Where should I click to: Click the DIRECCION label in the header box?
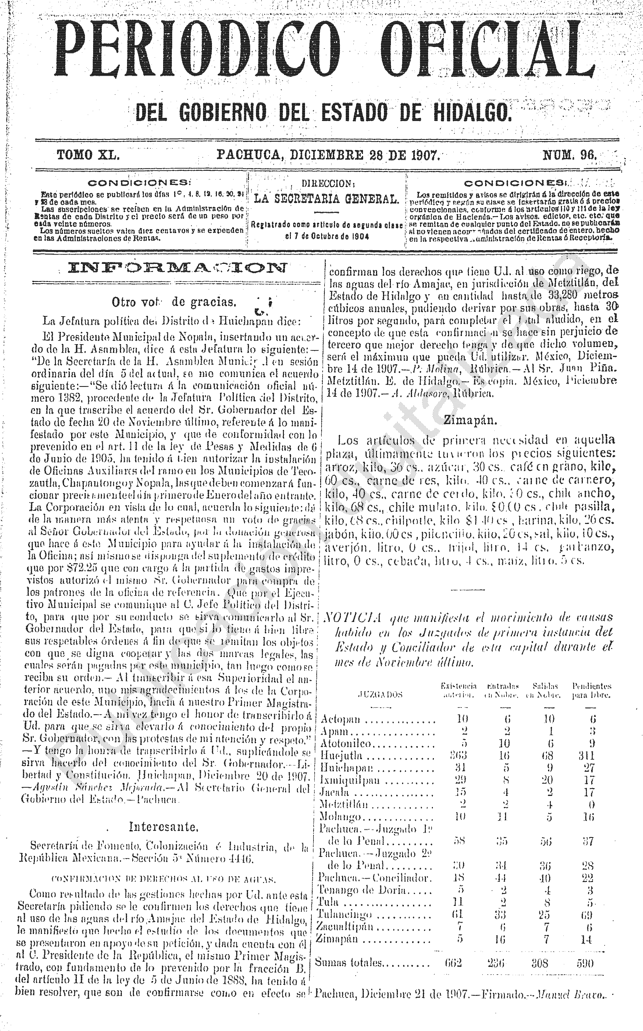327,184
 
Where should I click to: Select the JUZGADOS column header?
381,695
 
